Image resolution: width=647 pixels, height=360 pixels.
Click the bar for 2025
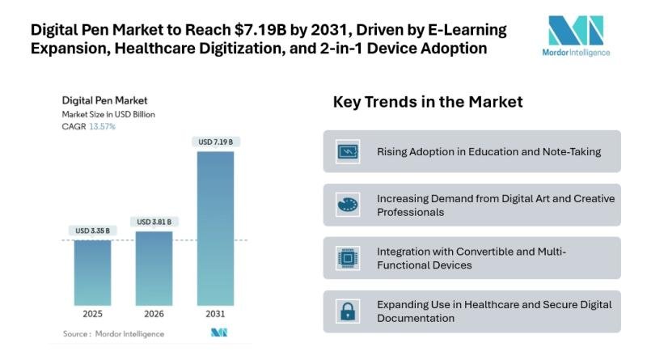pyautogui.click(x=92, y=271)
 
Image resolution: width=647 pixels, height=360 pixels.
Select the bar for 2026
pyautogui.click(x=153, y=267)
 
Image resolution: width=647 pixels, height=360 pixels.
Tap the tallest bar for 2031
pyautogui.click(x=214, y=227)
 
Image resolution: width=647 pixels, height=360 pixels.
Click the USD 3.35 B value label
pyautogui.click(x=92, y=231)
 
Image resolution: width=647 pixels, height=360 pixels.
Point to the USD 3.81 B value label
pyautogui.click(x=153, y=222)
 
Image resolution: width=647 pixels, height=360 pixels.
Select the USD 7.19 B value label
pyautogui.click(x=214, y=142)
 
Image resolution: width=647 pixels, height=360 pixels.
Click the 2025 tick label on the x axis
pyautogui.click(x=92, y=313)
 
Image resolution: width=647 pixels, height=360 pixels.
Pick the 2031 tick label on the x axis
pyautogui.click(x=214, y=313)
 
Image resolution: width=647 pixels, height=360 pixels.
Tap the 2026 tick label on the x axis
pyautogui.click(x=153, y=313)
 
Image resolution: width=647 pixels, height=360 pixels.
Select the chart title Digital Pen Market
pyautogui.click(x=104, y=100)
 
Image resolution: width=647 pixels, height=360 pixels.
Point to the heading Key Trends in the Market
pyautogui.click(x=428, y=102)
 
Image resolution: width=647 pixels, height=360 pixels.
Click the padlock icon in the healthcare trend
pyautogui.click(x=347, y=311)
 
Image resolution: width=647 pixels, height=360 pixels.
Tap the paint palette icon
pyautogui.click(x=347, y=205)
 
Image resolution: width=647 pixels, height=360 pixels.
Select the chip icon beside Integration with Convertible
pyautogui.click(x=347, y=258)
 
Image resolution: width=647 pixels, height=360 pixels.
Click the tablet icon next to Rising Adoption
pyautogui.click(x=347, y=151)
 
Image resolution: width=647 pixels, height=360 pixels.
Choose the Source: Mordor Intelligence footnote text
pyautogui.click(x=113, y=333)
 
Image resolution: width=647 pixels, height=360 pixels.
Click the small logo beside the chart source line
pyautogui.click(x=218, y=332)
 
